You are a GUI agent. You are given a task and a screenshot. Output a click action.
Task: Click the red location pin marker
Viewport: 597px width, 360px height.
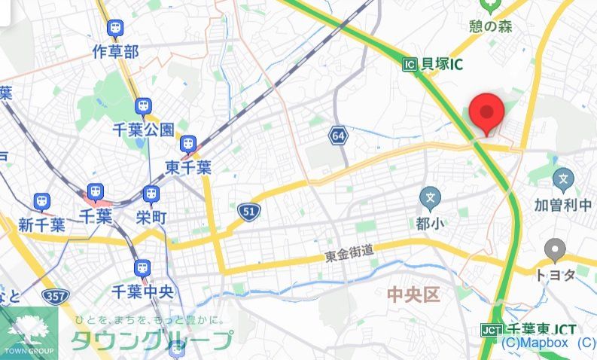click(x=486, y=114)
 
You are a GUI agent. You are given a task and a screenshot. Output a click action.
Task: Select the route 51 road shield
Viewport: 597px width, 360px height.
click(x=248, y=212)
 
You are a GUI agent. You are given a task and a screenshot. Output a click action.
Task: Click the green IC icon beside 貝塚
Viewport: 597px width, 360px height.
click(x=410, y=65)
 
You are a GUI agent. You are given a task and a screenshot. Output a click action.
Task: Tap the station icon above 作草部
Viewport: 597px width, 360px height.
click(x=115, y=29)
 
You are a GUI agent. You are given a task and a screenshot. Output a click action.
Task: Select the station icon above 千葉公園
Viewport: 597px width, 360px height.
click(x=143, y=106)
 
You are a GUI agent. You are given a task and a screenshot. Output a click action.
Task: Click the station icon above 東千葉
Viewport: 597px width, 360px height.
click(x=187, y=143)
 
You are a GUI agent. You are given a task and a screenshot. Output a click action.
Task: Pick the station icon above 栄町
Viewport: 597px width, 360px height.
click(x=151, y=194)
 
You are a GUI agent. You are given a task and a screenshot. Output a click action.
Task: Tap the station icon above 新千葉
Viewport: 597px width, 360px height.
click(x=41, y=201)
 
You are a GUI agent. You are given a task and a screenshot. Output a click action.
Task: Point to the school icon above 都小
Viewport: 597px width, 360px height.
click(x=431, y=199)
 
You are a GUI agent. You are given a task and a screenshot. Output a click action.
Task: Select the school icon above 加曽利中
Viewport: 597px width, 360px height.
click(x=563, y=179)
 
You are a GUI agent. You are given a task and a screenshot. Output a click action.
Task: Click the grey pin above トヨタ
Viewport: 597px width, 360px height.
click(x=556, y=249)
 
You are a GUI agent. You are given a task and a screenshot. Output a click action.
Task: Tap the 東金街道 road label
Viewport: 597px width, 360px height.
click(x=349, y=255)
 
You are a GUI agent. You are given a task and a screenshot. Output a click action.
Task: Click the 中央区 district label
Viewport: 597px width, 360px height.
click(x=413, y=294)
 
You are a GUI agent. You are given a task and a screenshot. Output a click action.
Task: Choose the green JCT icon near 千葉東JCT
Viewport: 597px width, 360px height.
click(x=491, y=330)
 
